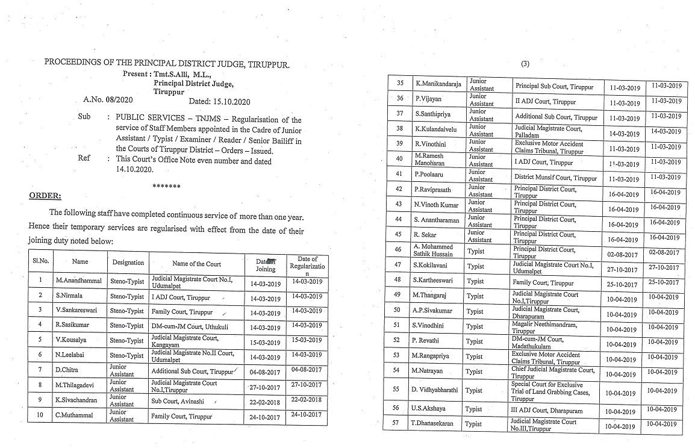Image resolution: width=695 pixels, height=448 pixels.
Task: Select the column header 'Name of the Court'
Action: (196, 264)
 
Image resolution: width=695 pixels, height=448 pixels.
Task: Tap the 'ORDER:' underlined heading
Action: (45, 196)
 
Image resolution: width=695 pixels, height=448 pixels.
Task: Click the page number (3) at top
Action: (525, 64)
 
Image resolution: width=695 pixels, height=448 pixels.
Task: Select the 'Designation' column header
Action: (128, 263)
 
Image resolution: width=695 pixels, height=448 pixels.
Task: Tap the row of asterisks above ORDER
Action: (166, 186)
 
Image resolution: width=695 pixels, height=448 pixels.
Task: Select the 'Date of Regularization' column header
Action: (307, 266)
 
